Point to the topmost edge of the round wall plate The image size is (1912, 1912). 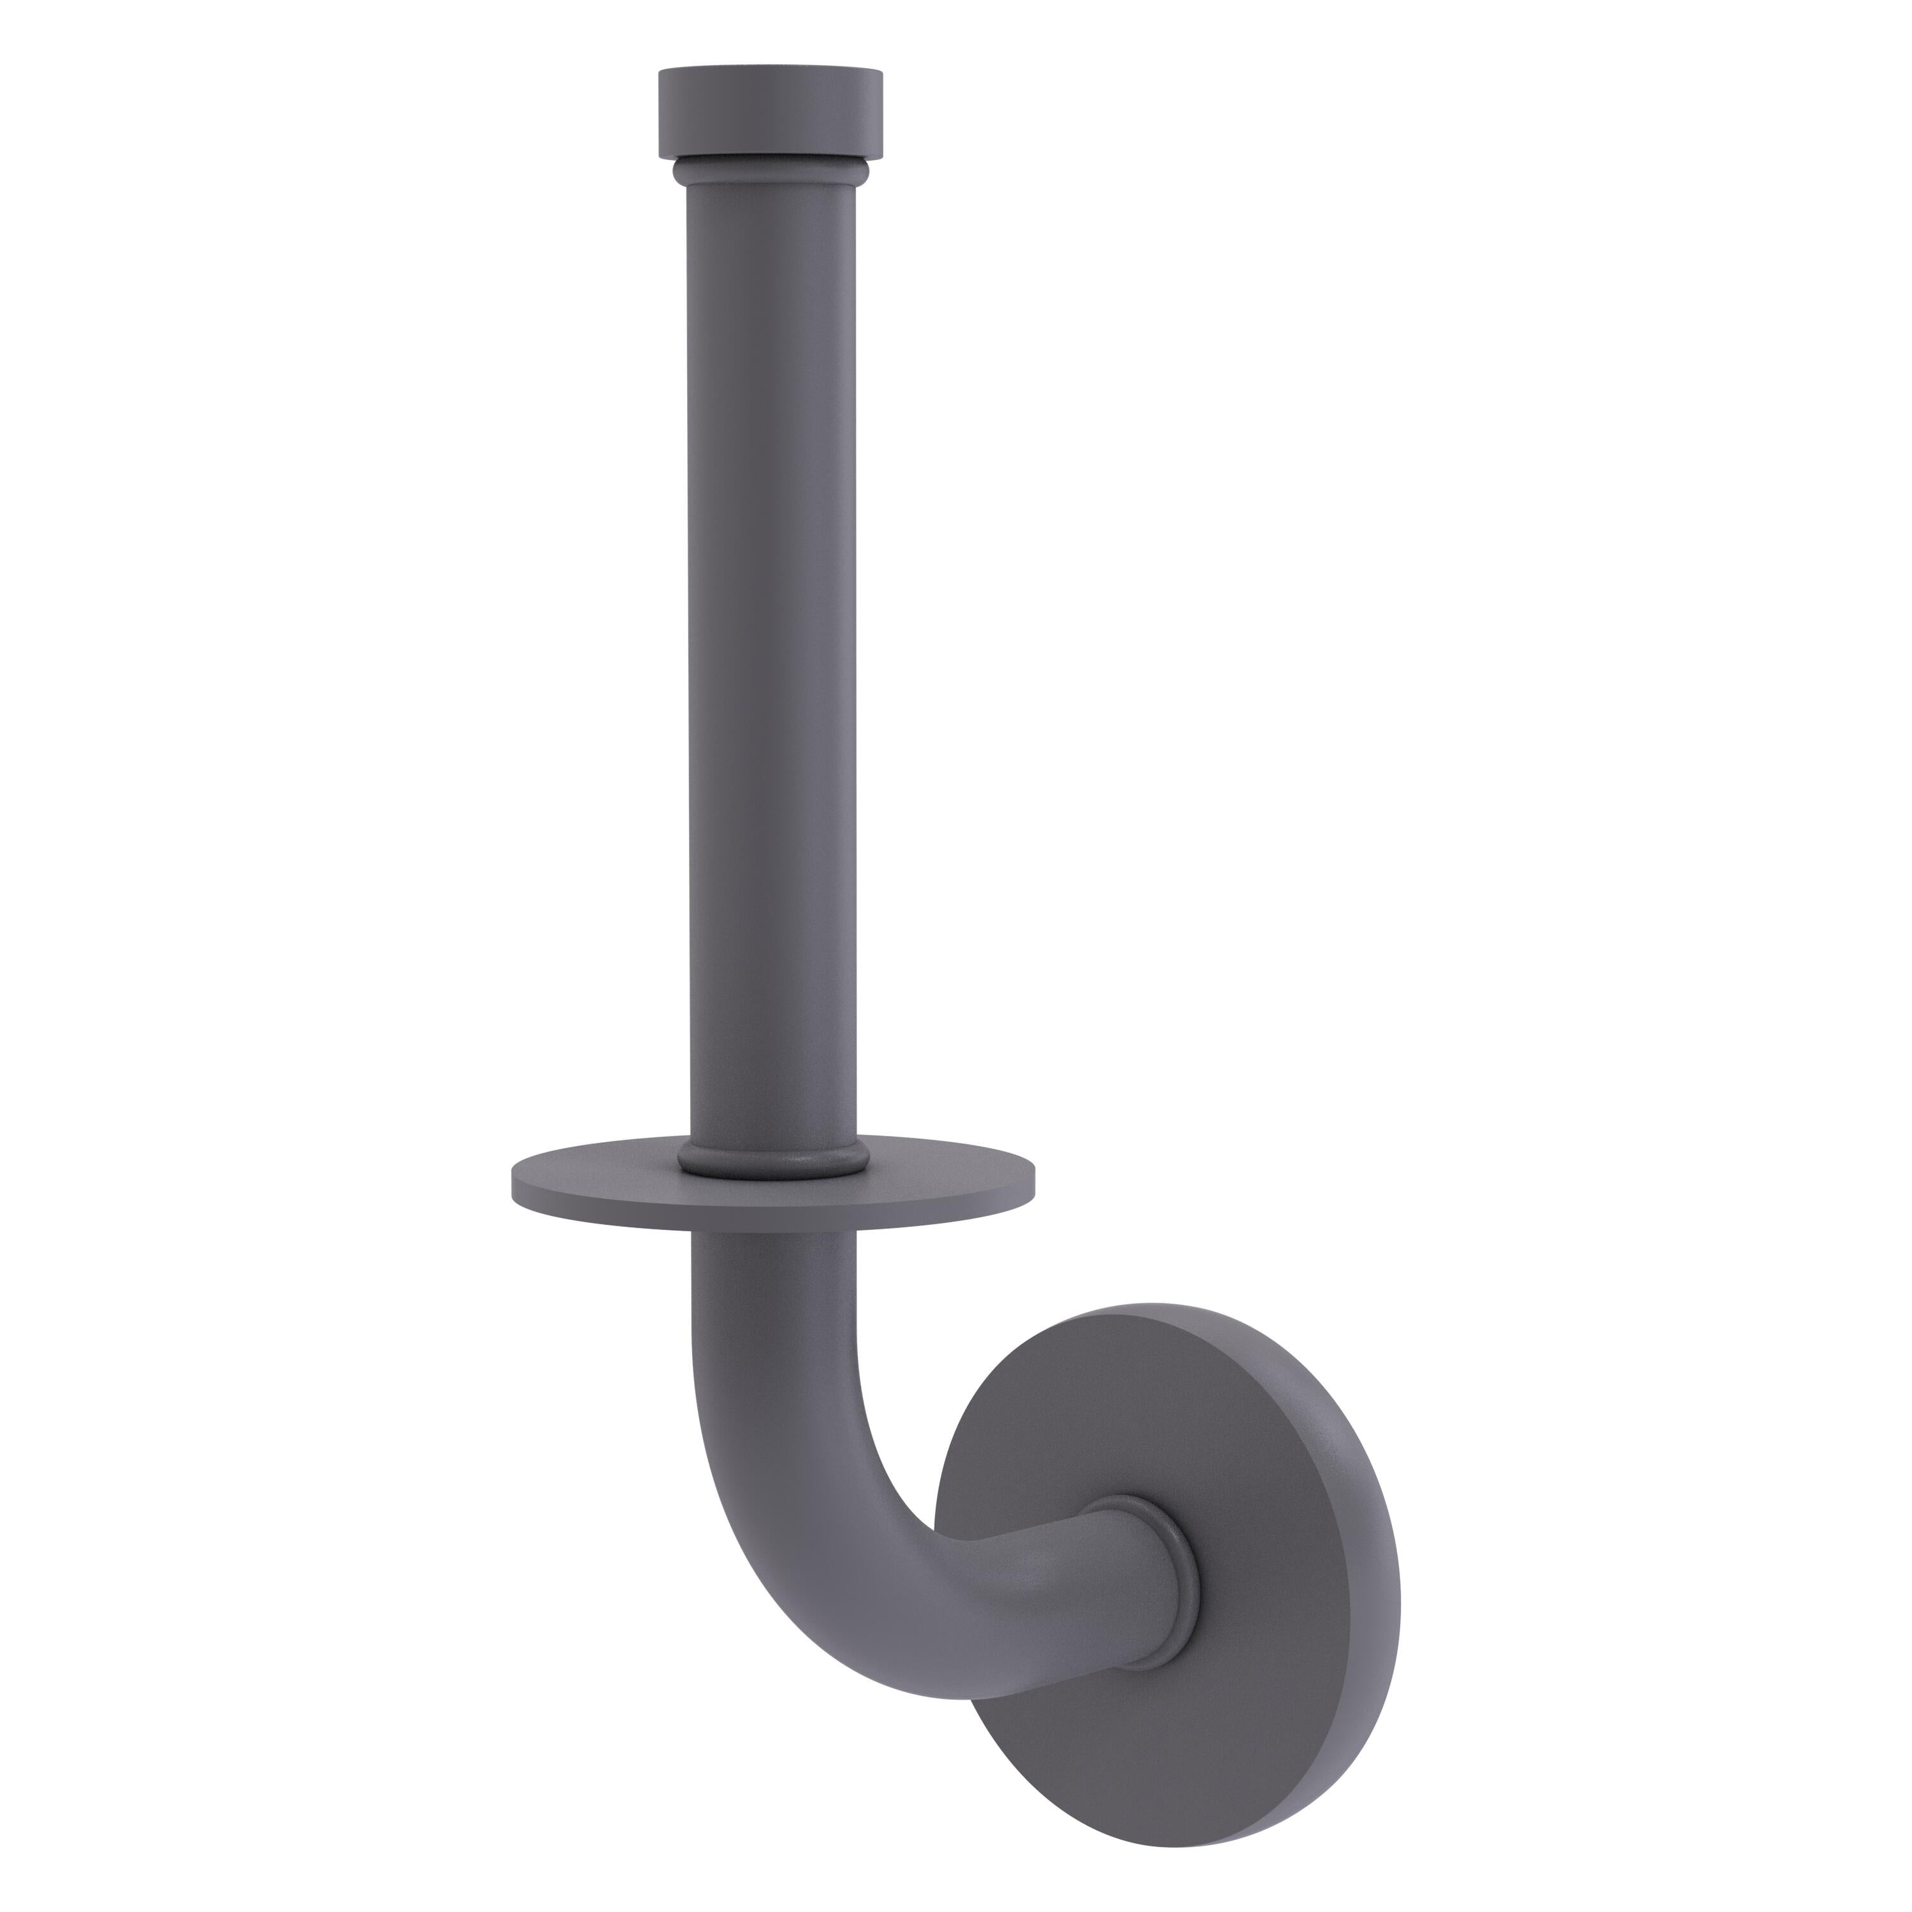pyautogui.click(x=1168, y=1307)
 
